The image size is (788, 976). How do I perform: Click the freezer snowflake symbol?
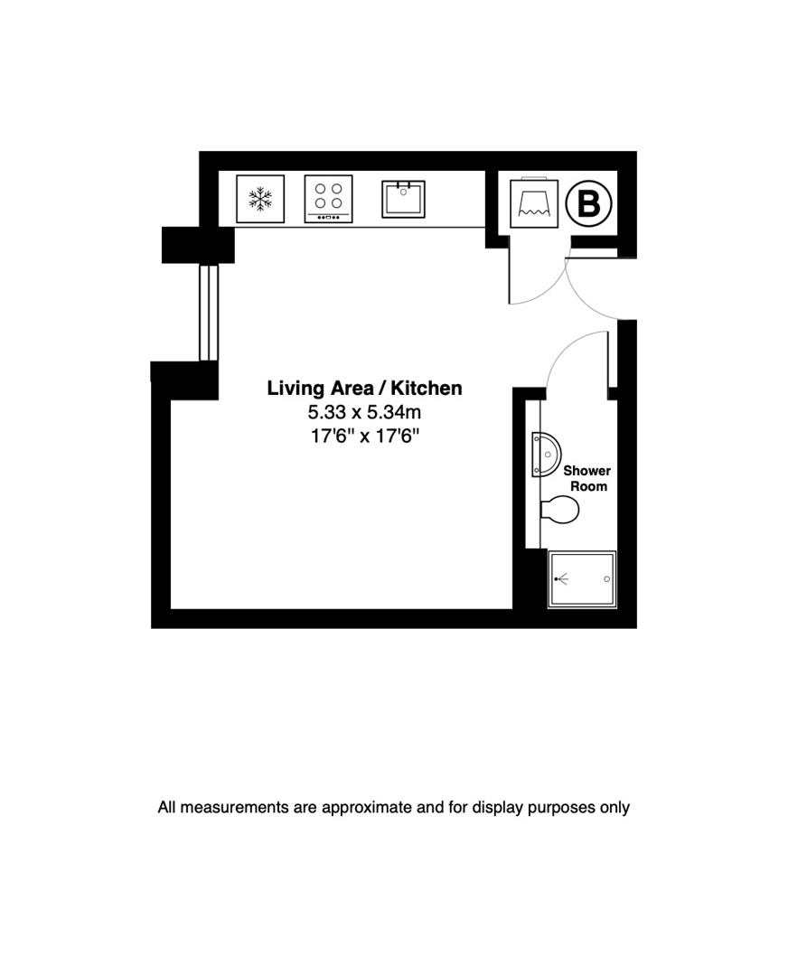click(x=260, y=199)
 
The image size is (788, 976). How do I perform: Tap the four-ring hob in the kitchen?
click(x=328, y=198)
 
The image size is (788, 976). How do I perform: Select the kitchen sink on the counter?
click(x=403, y=199)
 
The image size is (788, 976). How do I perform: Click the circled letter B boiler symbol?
click(x=588, y=203)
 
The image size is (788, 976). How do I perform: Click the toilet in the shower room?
click(x=559, y=511)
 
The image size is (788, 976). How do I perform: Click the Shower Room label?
click(x=586, y=478)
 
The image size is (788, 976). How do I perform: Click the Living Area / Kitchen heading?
click(x=364, y=389)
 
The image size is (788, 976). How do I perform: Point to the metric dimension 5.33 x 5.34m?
click(x=364, y=413)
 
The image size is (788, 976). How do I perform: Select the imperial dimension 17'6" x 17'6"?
click(x=364, y=436)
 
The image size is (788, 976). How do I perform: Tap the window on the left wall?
click(x=209, y=312)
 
